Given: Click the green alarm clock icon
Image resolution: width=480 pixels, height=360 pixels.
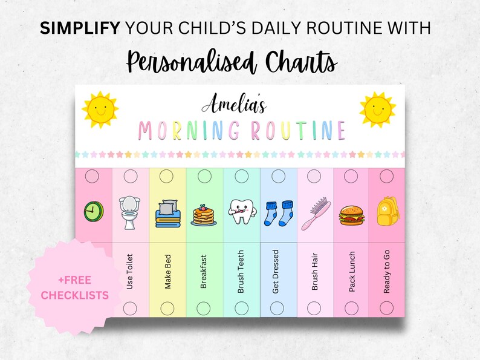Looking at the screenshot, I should pos(94,211).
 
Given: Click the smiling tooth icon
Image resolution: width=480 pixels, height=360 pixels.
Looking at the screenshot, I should pos(241,212).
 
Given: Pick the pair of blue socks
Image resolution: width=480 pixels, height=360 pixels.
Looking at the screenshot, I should pos(279,213).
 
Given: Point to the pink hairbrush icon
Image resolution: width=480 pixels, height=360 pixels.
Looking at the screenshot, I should pos(316,213).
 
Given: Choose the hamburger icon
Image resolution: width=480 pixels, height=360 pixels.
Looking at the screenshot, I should pos(352,214).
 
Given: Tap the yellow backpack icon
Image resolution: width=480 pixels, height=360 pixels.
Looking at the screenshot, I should pos(388,211).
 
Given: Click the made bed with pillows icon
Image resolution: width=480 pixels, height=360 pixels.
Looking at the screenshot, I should pos(167,215).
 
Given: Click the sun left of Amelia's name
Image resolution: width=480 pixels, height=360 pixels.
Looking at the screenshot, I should pos(99,110).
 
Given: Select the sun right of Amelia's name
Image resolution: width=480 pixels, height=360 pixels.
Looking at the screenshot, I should pos(377,110).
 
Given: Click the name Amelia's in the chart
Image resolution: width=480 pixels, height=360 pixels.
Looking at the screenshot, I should pos(233,106).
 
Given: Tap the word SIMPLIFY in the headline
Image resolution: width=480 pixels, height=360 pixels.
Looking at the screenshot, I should pos(83,28).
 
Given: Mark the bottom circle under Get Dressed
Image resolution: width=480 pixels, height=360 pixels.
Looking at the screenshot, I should pos(277,308).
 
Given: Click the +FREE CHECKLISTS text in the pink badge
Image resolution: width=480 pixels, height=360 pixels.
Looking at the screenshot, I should pos(75,287).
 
